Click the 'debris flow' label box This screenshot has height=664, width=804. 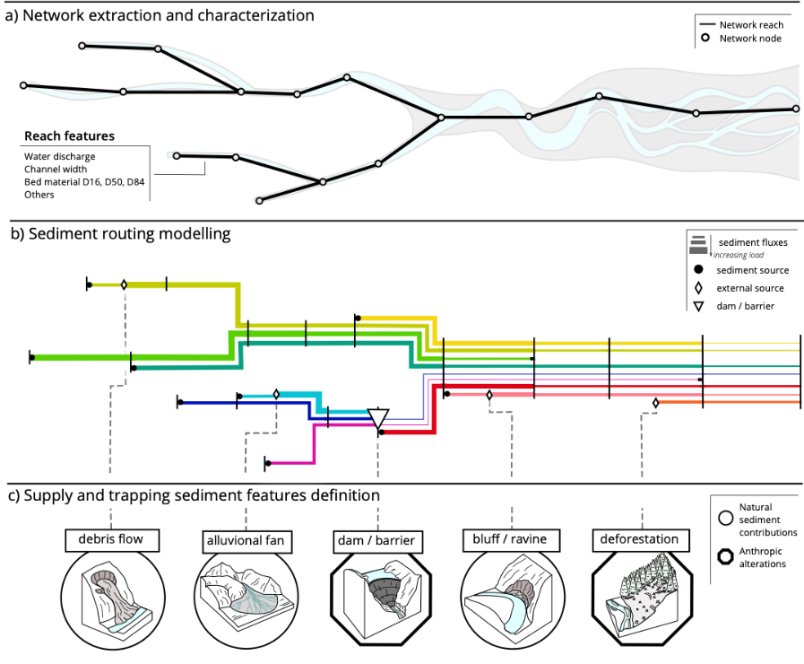[x=112, y=540]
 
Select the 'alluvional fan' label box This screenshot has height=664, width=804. [x=246, y=541]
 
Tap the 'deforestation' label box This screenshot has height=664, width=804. [x=641, y=540]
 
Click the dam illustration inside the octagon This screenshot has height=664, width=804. [x=382, y=593]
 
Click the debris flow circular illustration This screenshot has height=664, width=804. [x=113, y=598]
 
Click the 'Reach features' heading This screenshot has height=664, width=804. [x=70, y=136]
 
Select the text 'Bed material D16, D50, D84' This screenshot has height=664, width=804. [x=84, y=181]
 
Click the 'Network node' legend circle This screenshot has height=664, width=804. [x=705, y=38]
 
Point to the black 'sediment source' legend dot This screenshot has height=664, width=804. [x=698, y=269]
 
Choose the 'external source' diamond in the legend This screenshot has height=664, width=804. [x=698, y=288]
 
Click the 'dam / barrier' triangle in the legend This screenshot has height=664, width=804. [x=698, y=306]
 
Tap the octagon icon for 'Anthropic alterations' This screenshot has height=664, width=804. [x=725, y=556]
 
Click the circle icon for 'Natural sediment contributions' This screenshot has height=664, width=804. [x=725, y=519]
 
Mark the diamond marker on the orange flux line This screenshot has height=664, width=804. [x=655, y=403]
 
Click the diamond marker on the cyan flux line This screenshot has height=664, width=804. [x=276, y=394]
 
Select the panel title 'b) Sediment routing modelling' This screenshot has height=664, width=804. [x=121, y=234]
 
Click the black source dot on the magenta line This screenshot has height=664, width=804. [x=268, y=463]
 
